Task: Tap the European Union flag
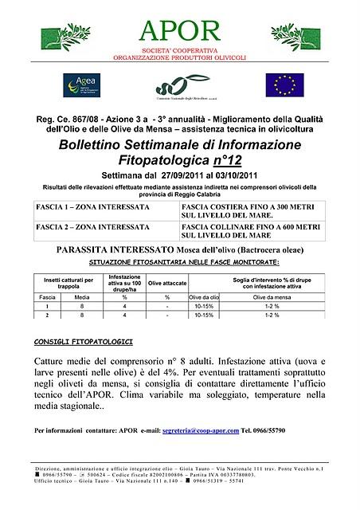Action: [x=284, y=84]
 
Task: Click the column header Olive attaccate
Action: [x=168, y=283]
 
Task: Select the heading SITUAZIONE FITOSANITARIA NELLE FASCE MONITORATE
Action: [x=184, y=261]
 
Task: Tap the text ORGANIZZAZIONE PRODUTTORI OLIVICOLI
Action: [x=179, y=58]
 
